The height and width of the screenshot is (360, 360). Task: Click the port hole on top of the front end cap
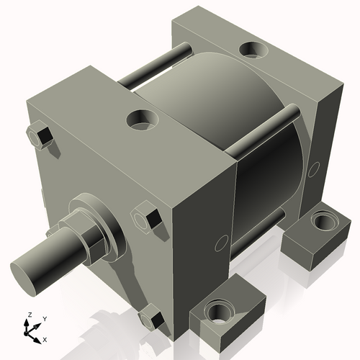coord(141,118)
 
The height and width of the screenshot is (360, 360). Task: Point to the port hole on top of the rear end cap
coord(252,50)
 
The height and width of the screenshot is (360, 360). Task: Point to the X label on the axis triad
coord(45,338)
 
